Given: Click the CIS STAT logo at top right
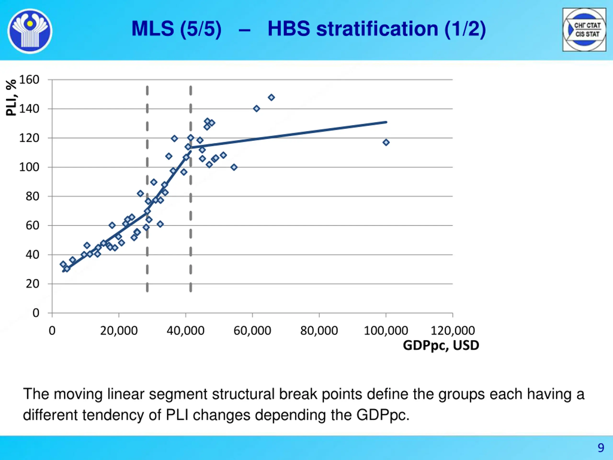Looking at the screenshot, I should click(x=584, y=30).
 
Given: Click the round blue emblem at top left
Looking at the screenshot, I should click(x=30, y=31).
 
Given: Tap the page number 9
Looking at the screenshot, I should click(x=601, y=448).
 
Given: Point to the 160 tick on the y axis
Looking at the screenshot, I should click(x=29, y=80).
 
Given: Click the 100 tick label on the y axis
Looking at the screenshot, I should click(x=29, y=167).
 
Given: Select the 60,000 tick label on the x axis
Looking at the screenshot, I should click(x=252, y=331).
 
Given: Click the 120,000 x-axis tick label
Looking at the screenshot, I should click(x=453, y=331).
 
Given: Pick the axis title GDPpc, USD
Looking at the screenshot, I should click(x=441, y=345).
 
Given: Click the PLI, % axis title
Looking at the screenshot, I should click(x=11, y=97).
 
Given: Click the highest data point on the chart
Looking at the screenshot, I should click(x=271, y=97).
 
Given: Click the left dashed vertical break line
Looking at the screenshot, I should click(x=147, y=189).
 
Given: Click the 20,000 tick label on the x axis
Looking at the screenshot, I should click(x=119, y=331).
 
